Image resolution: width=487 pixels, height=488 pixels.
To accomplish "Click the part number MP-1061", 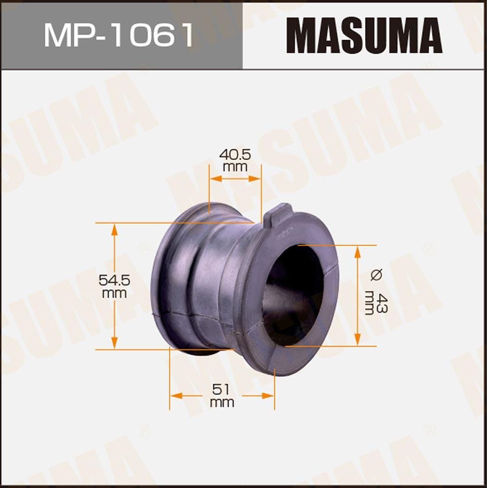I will [x=119, y=35].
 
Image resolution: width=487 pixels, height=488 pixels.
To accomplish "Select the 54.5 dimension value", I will [x=115, y=281].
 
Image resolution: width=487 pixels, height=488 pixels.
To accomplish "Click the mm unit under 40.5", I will [x=235, y=167].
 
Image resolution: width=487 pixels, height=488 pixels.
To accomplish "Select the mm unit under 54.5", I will [x=115, y=293].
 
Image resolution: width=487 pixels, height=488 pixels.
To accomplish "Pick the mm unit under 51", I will [x=222, y=403].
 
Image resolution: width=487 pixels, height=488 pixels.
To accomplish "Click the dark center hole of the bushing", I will [x=293, y=295].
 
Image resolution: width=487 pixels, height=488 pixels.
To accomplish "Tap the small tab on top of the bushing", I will [x=279, y=215].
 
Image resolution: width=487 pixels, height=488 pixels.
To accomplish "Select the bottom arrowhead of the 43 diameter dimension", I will [x=357, y=340].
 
